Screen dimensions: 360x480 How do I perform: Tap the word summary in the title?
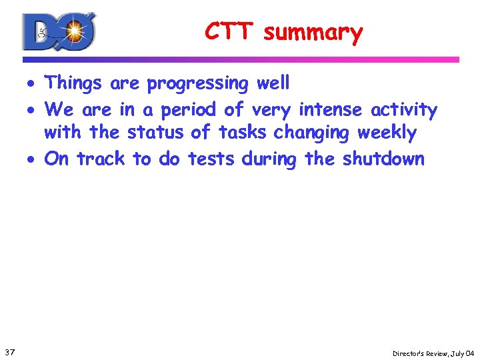coord(313,33)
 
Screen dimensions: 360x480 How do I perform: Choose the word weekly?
coord(387,133)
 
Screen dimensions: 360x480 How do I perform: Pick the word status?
coord(156,133)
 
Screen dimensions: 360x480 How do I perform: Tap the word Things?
coord(73,84)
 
